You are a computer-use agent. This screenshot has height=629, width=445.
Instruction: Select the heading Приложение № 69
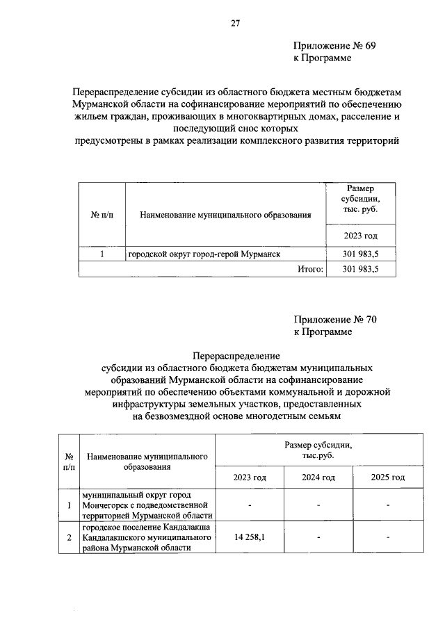coord(334,46)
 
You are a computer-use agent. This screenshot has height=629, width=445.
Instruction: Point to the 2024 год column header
coord(318,477)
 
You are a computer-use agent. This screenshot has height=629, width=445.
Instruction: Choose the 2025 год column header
coord(387,477)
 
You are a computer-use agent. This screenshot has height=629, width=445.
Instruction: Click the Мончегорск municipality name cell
coord(147,505)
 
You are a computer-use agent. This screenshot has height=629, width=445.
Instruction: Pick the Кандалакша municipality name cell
coord(147,537)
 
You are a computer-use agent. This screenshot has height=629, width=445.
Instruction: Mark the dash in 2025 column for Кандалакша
coord(387,537)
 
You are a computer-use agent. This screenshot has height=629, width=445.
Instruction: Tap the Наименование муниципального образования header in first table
coord(225,215)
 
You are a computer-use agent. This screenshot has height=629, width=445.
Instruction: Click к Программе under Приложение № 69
coord(322,58)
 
